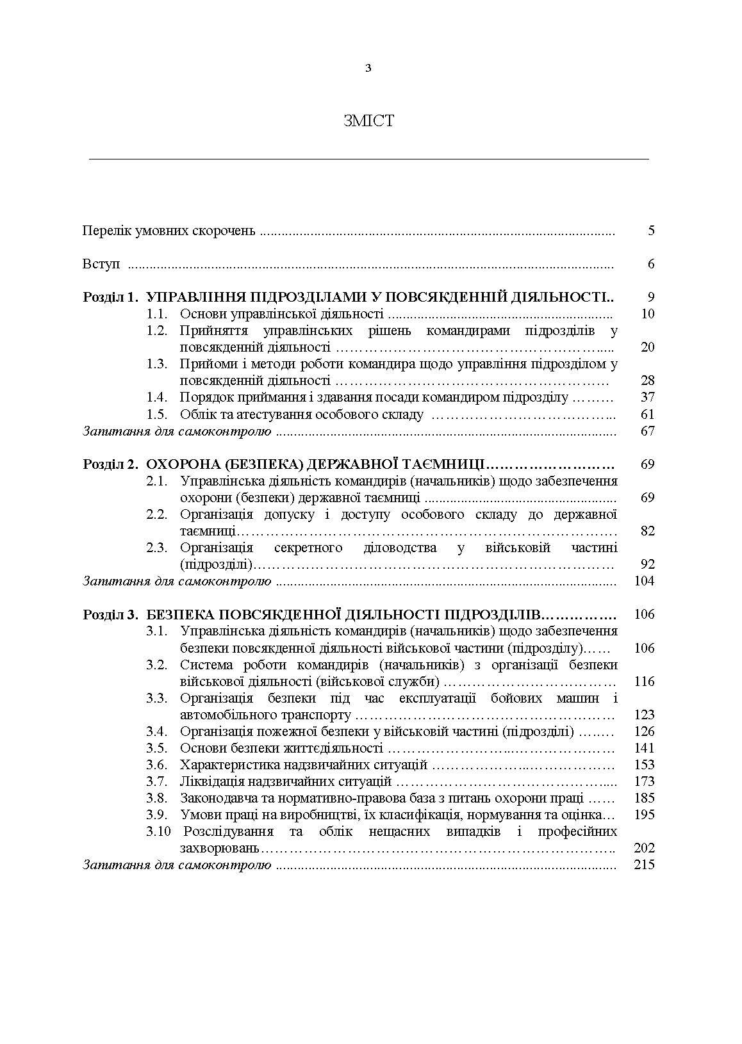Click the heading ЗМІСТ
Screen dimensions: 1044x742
368,121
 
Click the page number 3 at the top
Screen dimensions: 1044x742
368,69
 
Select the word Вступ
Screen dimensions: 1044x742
101,264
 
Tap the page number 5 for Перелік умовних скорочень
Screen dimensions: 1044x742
651,231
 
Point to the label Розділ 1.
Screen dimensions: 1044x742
111,297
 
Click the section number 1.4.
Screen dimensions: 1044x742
156,397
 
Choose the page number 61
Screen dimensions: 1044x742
647,414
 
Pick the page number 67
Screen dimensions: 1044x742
647,431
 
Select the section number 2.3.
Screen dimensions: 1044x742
156,548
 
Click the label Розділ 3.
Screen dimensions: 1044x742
111,615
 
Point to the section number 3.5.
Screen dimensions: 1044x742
156,748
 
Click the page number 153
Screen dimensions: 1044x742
644,765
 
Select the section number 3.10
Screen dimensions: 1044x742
158,831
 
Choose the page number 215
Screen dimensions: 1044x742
644,865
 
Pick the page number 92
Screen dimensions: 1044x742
647,564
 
